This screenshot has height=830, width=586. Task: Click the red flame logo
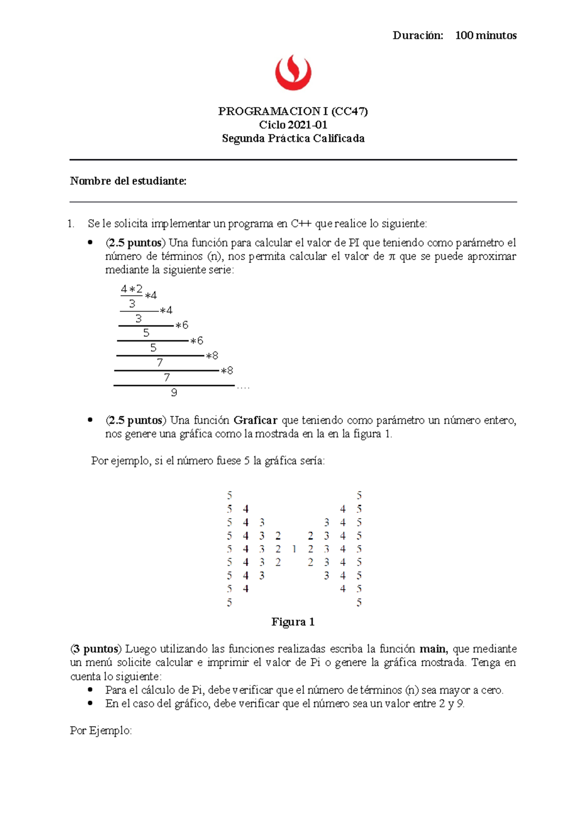tap(293, 72)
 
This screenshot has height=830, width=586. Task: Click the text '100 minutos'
tap(485, 35)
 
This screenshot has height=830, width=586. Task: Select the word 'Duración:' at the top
tap(418, 35)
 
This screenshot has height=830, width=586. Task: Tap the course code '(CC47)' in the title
tap(349, 111)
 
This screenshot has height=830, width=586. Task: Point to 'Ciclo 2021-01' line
tap(293, 125)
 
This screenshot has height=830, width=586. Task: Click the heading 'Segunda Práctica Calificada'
tap(293, 138)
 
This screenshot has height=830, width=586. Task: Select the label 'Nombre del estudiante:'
tap(128, 181)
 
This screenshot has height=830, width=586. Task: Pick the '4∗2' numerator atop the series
tap(131, 289)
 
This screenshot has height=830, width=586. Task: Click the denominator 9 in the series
tap(174, 393)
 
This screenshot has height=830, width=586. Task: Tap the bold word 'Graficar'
tap(255, 420)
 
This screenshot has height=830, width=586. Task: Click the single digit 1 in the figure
tap(294, 549)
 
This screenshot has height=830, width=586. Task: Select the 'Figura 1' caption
tap(293, 622)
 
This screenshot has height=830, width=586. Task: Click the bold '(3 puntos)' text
tap(96, 649)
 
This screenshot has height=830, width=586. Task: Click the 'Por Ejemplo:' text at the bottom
tap(101, 731)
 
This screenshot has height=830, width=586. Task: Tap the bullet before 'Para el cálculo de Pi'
tap(90, 690)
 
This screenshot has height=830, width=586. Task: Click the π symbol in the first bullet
tap(391, 257)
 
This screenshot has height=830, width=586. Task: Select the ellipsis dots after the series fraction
tap(243, 388)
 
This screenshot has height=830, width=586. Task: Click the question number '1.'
tap(72, 224)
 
